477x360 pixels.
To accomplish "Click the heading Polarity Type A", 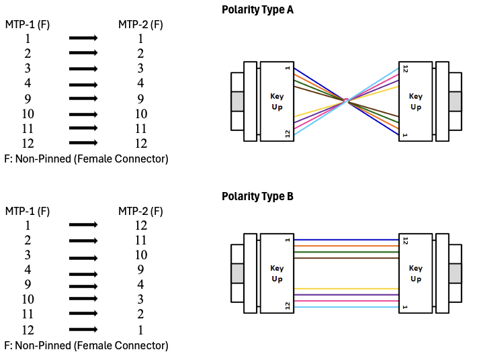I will (x=257, y=10).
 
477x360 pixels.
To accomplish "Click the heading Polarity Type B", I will (x=257, y=197).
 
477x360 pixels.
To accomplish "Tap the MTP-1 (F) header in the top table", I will (x=28, y=25).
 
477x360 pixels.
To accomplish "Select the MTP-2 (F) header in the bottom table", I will (x=140, y=212).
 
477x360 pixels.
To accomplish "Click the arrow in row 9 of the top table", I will (x=83, y=99).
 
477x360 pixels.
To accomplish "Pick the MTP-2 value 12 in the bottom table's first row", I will (x=140, y=226).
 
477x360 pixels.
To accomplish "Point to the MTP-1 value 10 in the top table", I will (x=28, y=114).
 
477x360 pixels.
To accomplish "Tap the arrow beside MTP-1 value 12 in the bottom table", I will (x=83, y=329).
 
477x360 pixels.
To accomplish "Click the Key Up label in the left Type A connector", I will (x=277, y=101).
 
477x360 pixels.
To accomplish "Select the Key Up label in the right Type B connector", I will (x=416, y=273).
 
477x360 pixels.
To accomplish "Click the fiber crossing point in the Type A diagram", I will (x=346, y=101).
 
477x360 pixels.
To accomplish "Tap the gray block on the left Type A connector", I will (x=237, y=101).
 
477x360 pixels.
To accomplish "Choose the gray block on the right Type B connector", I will (x=456, y=273).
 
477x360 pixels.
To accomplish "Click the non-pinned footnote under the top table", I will (x=86, y=159).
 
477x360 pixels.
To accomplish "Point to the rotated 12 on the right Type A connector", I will (x=405, y=69).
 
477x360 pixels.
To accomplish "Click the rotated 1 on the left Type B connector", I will (x=288, y=240).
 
